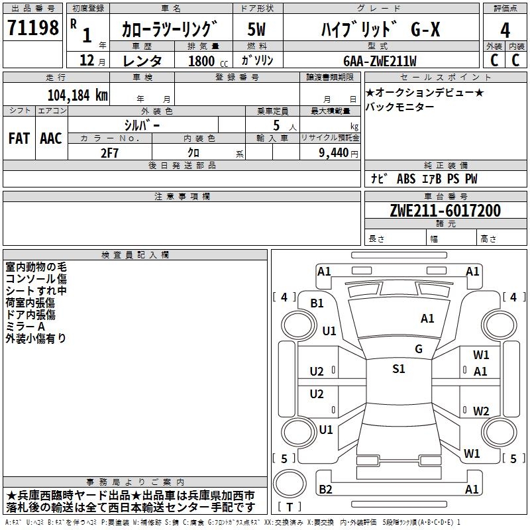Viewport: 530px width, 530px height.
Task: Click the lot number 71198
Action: (x=32, y=28)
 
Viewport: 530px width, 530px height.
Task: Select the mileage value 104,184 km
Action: (x=78, y=95)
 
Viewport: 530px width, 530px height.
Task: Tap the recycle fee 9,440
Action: (x=329, y=152)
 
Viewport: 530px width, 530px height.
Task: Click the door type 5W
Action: (x=256, y=30)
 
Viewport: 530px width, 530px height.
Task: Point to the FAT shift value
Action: (x=19, y=138)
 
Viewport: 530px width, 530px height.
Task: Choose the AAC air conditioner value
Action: (x=50, y=138)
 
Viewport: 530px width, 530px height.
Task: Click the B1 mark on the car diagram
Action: (x=317, y=303)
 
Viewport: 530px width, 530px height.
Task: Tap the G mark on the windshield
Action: (x=419, y=349)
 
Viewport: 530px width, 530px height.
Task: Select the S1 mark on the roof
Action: (x=398, y=369)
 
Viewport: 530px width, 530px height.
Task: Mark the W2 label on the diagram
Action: (x=481, y=411)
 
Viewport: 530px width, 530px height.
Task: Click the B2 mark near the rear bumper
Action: (x=325, y=490)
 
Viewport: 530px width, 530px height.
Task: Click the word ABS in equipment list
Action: (x=406, y=179)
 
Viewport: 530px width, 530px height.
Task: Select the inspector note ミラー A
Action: (x=25, y=327)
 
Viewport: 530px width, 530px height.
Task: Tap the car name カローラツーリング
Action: (x=170, y=30)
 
